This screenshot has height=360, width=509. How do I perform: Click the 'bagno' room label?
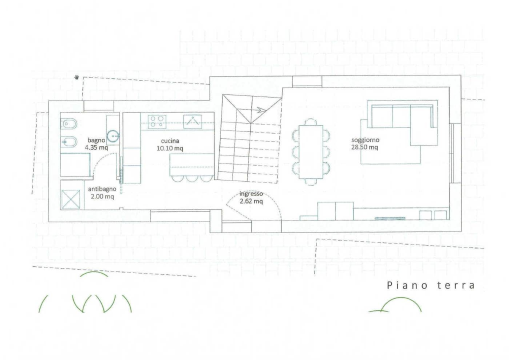(x=96, y=140)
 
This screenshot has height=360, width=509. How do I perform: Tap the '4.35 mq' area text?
(x=96, y=147)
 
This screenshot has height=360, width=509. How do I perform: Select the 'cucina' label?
(x=170, y=141)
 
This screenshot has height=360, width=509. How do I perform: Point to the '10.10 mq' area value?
(x=170, y=148)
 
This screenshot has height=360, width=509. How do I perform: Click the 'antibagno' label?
(x=102, y=189)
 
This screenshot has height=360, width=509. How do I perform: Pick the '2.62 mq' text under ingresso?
(x=251, y=201)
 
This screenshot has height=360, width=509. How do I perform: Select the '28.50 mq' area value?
(x=365, y=147)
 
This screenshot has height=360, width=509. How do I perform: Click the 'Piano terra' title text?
(x=430, y=285)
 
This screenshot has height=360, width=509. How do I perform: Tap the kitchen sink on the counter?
(x=192, y=121)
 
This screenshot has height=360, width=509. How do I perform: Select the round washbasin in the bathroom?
(x=113, y=135)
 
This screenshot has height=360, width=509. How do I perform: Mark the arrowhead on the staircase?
(x=261, y=110)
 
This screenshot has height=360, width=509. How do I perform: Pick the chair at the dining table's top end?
(x=311, y=121)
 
